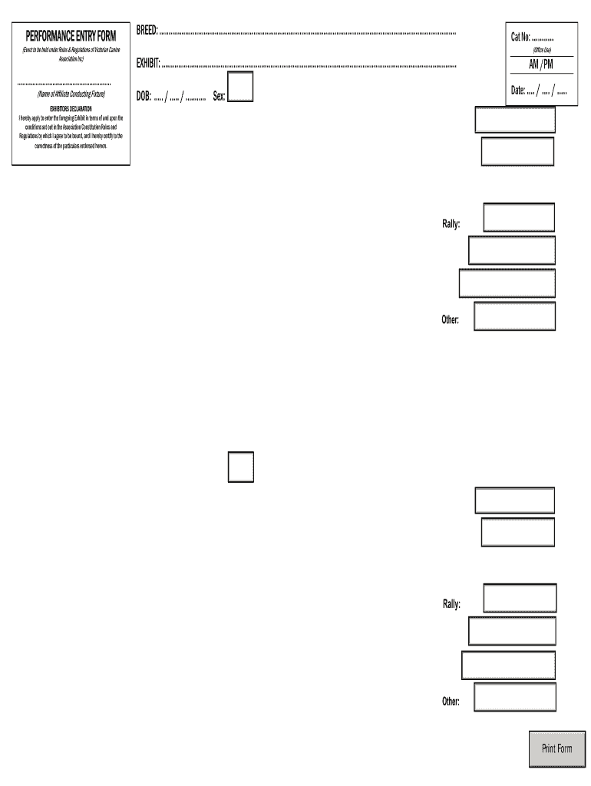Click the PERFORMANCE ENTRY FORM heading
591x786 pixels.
[x=71, y=35]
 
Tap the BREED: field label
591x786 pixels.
[x=147, y=30]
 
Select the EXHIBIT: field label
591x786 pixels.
[x=148, y=62]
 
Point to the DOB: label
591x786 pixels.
[x=144, y=97]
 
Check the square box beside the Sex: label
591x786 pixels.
[x=242, y=88]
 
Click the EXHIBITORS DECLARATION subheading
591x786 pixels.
[x=71, y=109]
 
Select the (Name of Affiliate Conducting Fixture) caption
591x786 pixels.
[x=71, y=94]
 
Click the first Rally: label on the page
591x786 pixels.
[x=451, y=224]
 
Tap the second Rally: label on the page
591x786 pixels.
[x=451, y=604]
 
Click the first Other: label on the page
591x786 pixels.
[x=450, y=319]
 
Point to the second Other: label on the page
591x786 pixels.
[x=450, y=701]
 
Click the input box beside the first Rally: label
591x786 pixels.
[x=519, y=217]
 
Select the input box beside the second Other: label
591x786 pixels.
[x=515, y=697]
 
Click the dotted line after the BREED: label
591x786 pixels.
[x=307, y=33]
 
